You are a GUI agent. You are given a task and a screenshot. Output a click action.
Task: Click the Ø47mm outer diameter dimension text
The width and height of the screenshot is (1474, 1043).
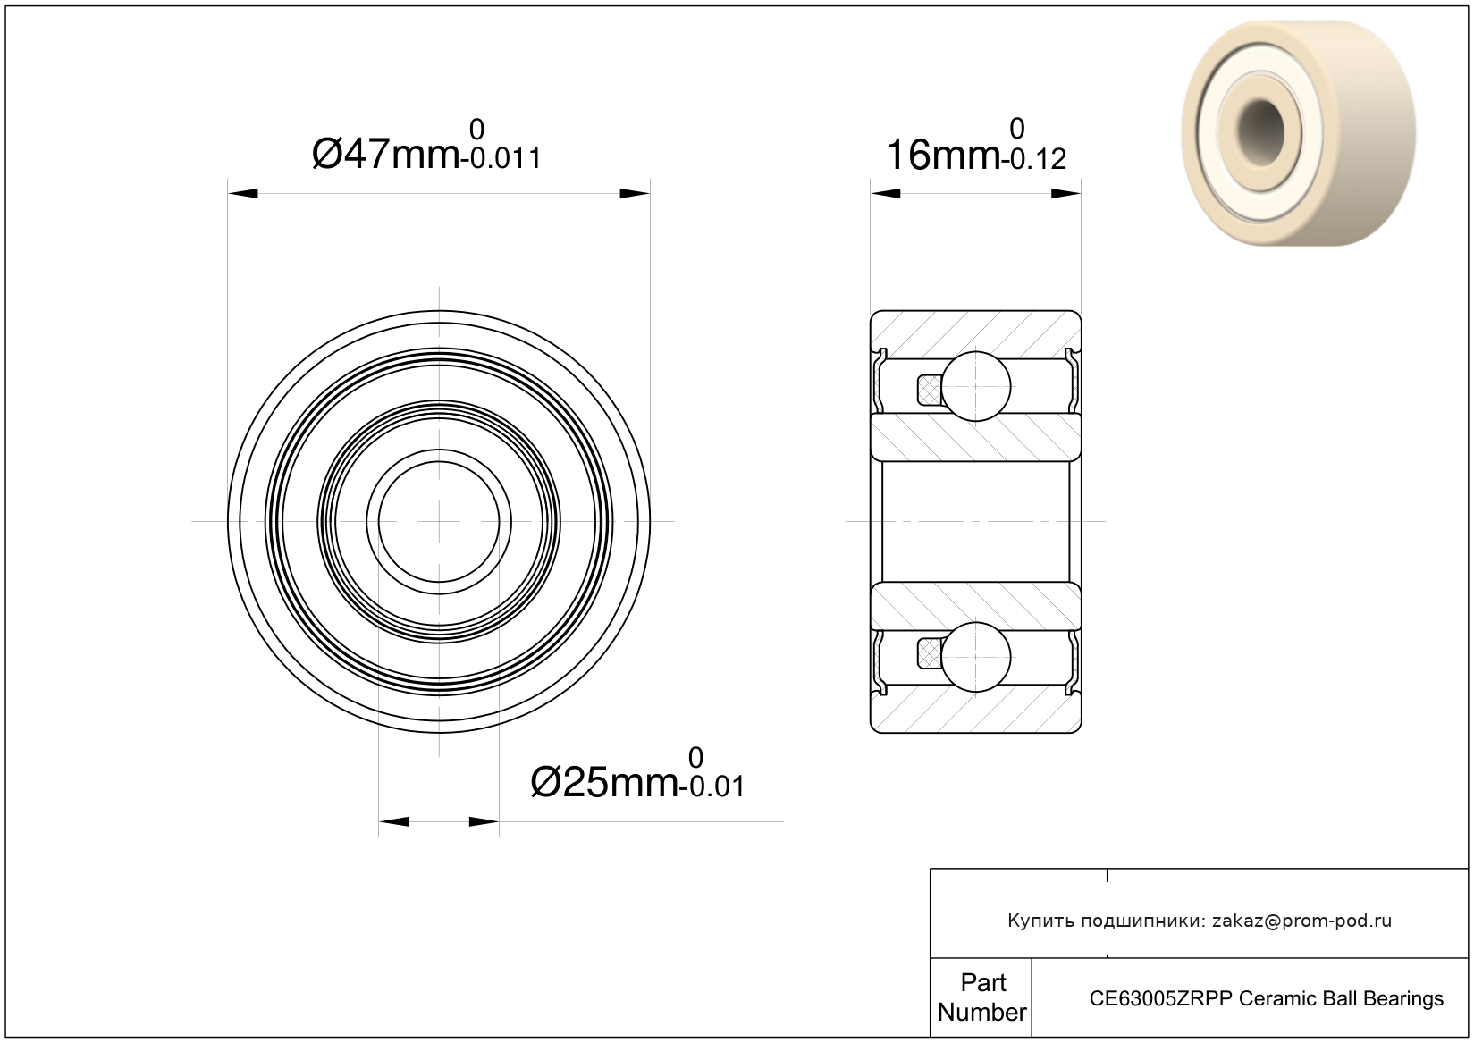click(385, 155)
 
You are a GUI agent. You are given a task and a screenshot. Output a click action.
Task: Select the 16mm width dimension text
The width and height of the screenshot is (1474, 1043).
click(943, 156)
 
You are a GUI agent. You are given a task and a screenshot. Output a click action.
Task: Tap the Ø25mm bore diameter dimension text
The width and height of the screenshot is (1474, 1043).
click(604, 783)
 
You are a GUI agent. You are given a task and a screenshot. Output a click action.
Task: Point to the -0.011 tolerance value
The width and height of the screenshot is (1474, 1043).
click(505, 159)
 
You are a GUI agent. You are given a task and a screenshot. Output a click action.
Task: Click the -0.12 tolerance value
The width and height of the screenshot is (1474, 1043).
click(1033, 159)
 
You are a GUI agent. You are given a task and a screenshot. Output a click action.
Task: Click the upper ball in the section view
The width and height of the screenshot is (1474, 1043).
click(976, 386)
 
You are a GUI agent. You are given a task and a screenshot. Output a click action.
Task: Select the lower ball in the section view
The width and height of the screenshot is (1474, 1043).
click(976, 658)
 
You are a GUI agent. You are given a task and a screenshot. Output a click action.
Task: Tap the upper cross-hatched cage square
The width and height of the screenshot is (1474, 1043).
click(929, 390)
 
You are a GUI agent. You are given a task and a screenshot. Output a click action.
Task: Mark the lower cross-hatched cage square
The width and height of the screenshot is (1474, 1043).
click(929, 654)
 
